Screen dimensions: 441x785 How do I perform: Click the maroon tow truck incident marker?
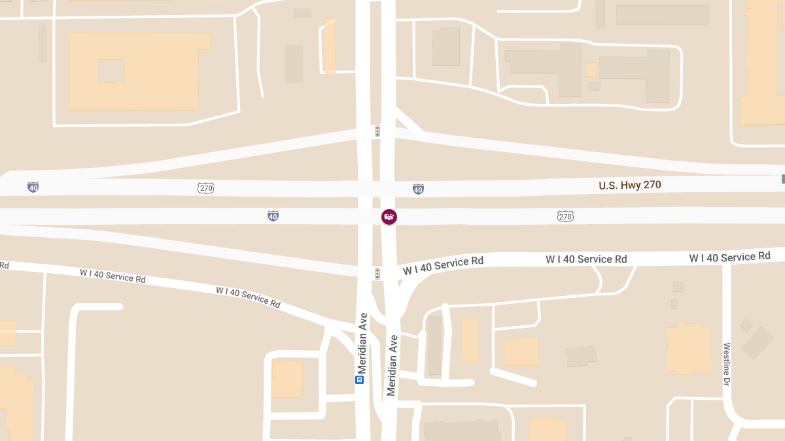[389, 217]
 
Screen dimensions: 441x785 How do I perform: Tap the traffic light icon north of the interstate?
[377, 131]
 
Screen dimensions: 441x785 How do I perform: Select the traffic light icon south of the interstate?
[377, 273]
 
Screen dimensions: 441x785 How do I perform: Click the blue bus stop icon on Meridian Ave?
[359, 380]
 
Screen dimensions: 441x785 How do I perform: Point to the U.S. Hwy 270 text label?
[630, 185]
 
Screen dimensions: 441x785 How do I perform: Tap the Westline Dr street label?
[726, 365]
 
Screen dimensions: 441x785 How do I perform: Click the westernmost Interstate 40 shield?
[33, 188]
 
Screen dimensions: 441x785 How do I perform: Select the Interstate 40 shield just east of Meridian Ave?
[418, 189]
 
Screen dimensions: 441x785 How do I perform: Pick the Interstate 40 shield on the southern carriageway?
[273, 216]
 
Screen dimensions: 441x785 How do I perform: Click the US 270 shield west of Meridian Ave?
[205, 188]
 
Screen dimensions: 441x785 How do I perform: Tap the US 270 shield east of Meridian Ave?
[566, 216]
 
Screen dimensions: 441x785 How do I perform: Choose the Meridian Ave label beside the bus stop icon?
[362, 344]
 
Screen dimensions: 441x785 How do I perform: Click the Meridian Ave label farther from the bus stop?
[392, 365]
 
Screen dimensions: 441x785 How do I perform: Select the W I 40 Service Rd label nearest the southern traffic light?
[443, 265]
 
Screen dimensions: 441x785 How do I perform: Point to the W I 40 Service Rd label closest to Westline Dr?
[729, 257]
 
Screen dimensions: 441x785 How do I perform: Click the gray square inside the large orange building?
[111, 71]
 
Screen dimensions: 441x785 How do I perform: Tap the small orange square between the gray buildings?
[591, 69]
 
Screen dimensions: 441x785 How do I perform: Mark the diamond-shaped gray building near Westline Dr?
[758, 343]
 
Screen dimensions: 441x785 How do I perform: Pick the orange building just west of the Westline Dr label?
[689, 348]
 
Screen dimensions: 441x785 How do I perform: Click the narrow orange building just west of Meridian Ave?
[330, 46]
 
